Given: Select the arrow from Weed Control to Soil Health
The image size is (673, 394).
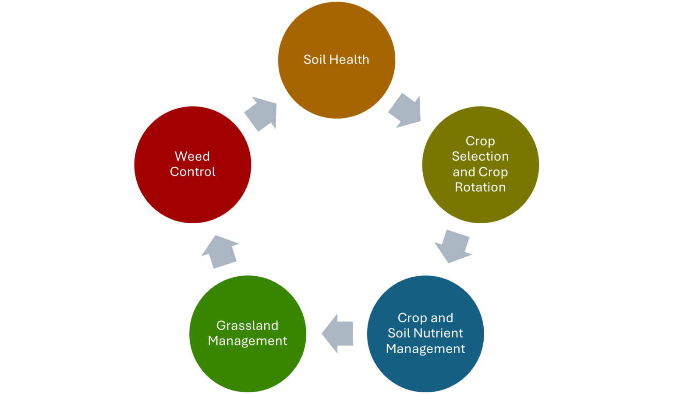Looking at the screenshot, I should (x=262, y=114).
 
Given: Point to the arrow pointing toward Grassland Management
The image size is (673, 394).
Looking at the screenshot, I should (x=338, y=334).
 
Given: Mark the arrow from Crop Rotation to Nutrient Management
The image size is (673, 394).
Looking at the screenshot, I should (x=454, y=246).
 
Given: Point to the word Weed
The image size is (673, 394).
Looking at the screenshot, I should (x=192, y=156).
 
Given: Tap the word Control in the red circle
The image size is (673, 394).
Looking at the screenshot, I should (x=193, y=172).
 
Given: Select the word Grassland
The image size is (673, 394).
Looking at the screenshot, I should (x=248, y=326).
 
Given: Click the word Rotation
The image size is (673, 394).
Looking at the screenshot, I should (x=480, y=187).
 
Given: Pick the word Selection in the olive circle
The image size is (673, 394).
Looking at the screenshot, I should (x=480, y=156).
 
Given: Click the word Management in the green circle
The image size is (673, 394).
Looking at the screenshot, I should (x=248, y=341).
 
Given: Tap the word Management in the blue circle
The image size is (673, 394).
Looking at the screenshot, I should (x=425, y=349).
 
